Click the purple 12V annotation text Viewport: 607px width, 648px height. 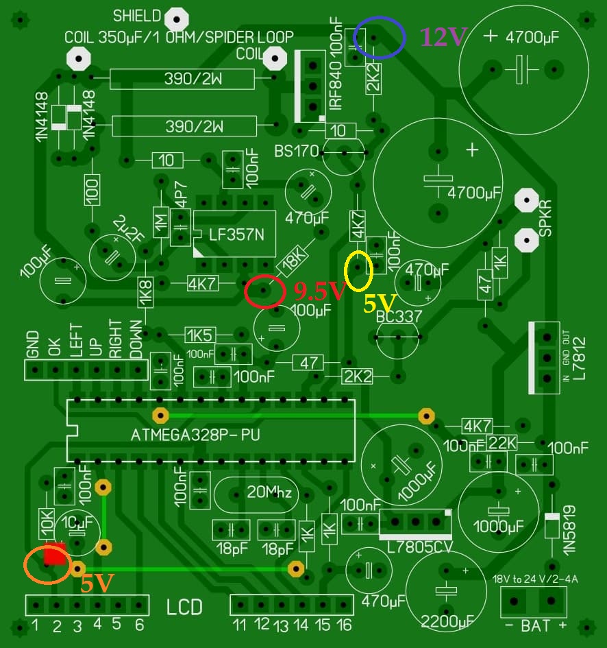coord(441,38)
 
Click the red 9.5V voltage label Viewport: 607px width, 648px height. coord(319,292)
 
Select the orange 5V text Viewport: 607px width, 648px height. coord(96,583)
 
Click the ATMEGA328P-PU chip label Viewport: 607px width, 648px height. coord(195,435)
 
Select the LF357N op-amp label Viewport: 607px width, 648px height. coord(234,235)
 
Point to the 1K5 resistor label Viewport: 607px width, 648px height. coord(200,335)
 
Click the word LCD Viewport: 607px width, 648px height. coord(184,608)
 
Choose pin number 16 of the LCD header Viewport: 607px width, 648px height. coord(343,625)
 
